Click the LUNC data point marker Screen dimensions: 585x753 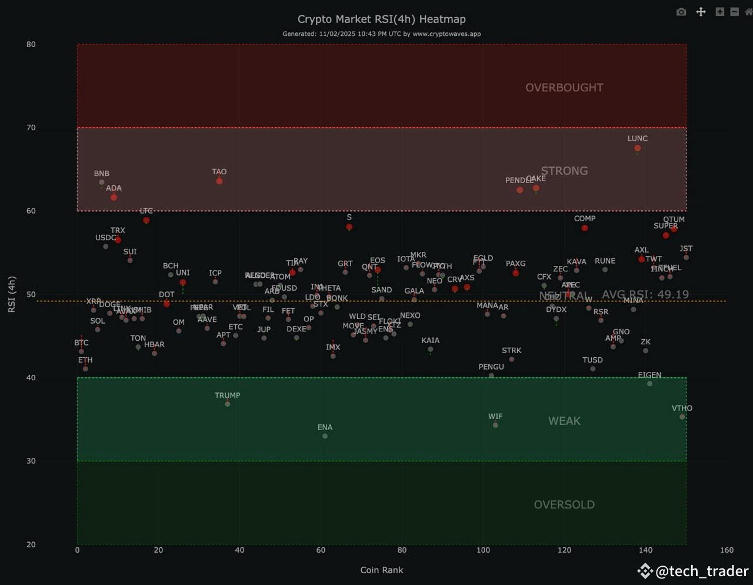pos(637,148)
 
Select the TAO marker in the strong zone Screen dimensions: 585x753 pos(219,181)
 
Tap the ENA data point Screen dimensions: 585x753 pos(325,436)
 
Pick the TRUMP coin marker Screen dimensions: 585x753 pos(227,404)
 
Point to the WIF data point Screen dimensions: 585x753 pos(495,425)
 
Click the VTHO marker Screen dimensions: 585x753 pos(682,417)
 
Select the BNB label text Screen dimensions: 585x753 pos(102,174)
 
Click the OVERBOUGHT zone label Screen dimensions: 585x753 pos(564,88)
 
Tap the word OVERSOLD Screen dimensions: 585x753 pos(564,504)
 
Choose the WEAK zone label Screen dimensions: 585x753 pos(564,421)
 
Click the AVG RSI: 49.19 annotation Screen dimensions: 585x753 pos(645,294)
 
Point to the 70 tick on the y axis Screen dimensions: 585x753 pos(31,128)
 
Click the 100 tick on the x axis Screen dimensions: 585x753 pos(483,550)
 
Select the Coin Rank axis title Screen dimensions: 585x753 pos(381,570)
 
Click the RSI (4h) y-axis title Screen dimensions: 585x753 pos(12,294)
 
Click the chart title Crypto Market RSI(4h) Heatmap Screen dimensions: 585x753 pos(381,19)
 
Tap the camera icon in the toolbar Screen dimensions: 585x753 pos(681,12)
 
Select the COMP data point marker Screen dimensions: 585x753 pos(585,228)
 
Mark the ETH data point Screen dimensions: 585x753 pos(85,368)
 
